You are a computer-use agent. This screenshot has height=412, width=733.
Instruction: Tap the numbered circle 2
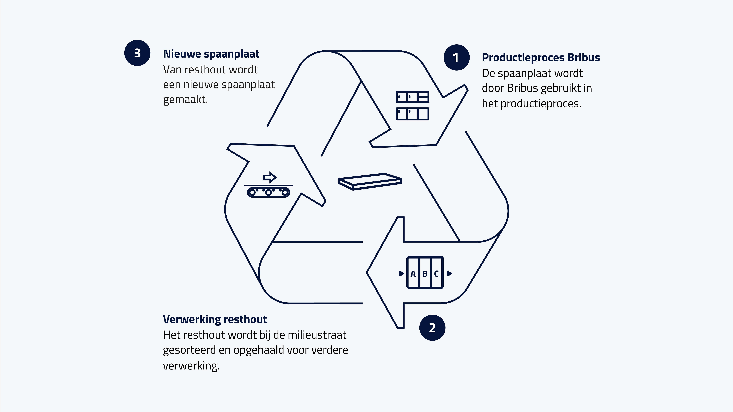[432, 328]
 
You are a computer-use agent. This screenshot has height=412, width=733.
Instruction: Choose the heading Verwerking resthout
[215, 319]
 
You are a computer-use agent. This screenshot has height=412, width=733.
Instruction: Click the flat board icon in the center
[370, 181]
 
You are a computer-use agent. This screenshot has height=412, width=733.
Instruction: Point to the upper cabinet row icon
[412, 97]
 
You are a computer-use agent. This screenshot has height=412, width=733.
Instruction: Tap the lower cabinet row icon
[412, 114]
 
